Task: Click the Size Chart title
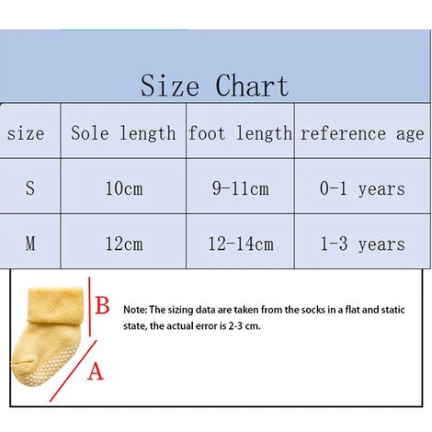click(215, 85)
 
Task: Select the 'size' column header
click(26, 133)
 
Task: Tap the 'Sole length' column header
click(123, 133)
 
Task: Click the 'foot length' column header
click(240, 133)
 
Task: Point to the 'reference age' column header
click(362, 133)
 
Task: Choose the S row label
click(30, 188)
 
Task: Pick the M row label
click(30, 244)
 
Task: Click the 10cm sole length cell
click(122, 188)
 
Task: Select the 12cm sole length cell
click(122, 244)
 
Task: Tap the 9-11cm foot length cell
click(239, 188)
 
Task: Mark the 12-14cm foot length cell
click(239, 244)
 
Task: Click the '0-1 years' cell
click(362, 188)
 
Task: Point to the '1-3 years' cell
click(362, 244)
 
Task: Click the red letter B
click(103, 304)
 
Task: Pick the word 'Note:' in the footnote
click(134, 310)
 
